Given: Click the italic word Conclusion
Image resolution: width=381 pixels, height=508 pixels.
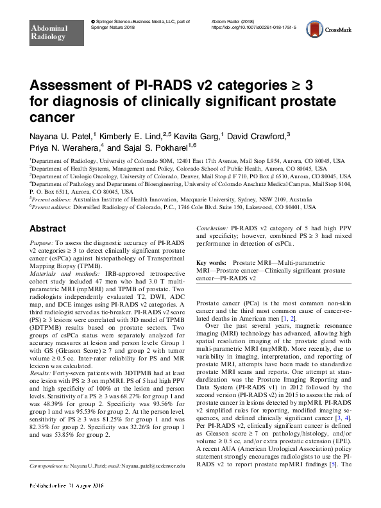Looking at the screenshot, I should click(212, 228).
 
